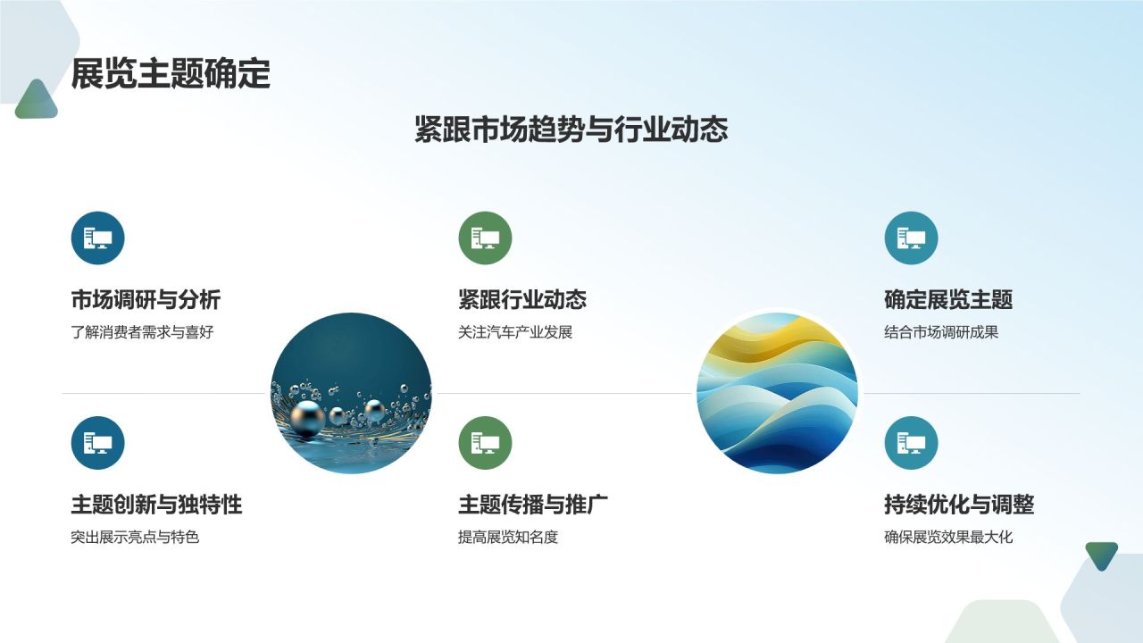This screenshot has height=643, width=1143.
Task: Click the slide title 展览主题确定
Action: [x=171, y=74]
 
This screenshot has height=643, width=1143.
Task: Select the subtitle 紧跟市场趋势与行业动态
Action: [x=571, y=129]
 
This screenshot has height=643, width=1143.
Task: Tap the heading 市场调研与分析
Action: [x=146, y=300]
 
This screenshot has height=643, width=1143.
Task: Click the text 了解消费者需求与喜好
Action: [x=143, y=332]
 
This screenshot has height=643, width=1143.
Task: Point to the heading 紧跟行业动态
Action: [x=522, y=300]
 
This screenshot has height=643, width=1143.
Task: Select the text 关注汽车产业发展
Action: [x=515, y=332]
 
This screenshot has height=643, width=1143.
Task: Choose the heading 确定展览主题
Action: [x=948, y=300]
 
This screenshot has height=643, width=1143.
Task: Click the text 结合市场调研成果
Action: [x=941, y=332]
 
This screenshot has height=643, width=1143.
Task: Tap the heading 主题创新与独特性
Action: [x=156, y=505]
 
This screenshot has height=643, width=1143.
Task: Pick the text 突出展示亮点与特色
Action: [x=135, y=538]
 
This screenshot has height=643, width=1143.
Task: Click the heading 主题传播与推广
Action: [x=533, y=505]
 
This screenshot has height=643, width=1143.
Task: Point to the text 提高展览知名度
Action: [x=508, y=538]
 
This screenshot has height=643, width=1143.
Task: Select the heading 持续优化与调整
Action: [x=959, y=505]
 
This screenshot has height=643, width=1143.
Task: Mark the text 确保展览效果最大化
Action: [x=948, y=538]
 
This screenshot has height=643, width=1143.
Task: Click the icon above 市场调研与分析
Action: [x=97, y=238]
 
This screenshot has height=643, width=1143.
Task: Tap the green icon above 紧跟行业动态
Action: [x=485, y=238]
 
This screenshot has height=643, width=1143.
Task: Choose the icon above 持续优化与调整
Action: [x=911, y=443]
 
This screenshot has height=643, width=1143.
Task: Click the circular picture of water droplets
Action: [x=351, y=393]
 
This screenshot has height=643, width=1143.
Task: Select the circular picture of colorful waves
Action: [x=777, y=393]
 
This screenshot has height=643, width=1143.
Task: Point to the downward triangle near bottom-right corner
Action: [x=1101, y=555]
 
